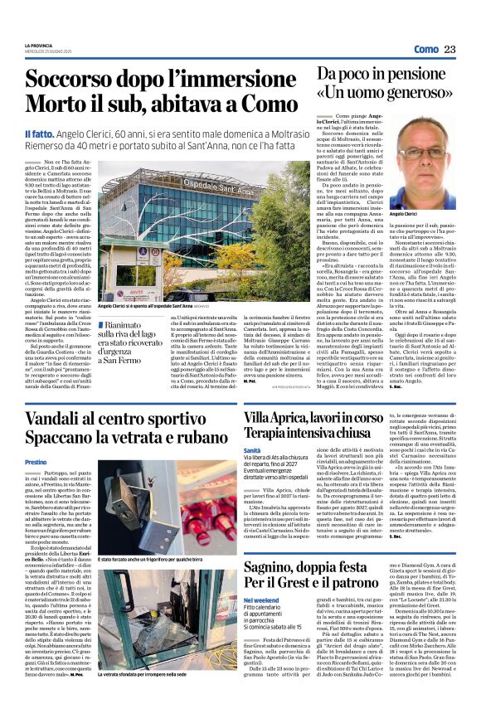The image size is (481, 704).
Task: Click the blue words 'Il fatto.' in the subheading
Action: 40,134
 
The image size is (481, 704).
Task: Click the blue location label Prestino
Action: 36,461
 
